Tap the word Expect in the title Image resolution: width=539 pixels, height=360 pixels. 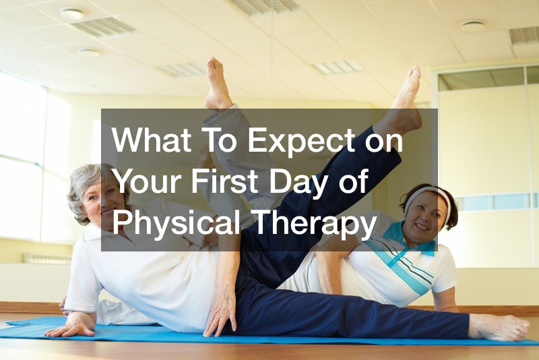[301, 142]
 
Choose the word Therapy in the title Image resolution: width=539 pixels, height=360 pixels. [315, 224]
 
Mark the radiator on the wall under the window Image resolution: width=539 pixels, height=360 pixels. [47, 258]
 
